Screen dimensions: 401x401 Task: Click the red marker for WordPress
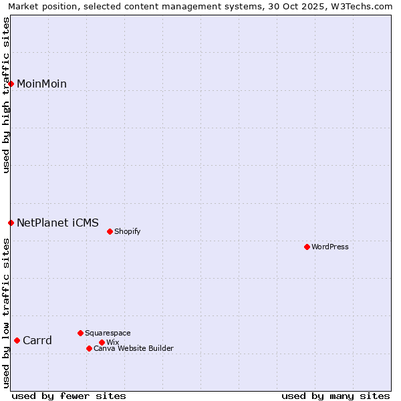[307, 247]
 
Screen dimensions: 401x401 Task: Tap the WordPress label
[330, 247]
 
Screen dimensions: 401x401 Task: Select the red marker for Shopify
[110, 231]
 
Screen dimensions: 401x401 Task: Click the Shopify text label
[127, 231]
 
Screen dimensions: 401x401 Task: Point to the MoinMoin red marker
[11, 84]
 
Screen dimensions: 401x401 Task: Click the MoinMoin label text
[41, 84]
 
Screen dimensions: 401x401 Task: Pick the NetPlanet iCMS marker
[11, 223]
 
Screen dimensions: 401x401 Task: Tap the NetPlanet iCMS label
[57, 223]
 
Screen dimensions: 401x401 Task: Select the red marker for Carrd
[17, 340]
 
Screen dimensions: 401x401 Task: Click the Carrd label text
[37, 340]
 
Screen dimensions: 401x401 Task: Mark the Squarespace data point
[80, 333]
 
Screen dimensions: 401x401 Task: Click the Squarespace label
[108, 333]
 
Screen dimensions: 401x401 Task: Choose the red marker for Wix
[102, 342]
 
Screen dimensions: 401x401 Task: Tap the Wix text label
[112, 342]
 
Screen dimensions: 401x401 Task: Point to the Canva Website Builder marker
[89, 348]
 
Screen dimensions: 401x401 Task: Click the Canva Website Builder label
[134, 348]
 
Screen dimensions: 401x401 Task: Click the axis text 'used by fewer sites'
[69, 396]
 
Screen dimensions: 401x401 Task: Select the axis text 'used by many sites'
[336, 396]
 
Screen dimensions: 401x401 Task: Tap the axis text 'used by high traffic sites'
[6, 95]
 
